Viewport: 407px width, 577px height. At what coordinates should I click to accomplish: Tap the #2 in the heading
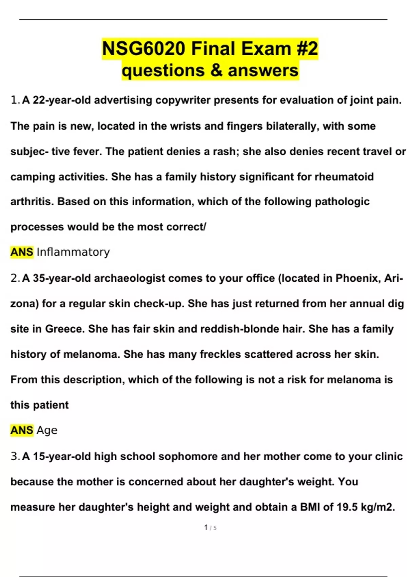(x=307, y=49)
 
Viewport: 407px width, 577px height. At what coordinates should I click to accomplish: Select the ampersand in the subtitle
(x=216, y=71)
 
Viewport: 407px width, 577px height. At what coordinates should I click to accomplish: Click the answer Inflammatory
(x=73, y=252)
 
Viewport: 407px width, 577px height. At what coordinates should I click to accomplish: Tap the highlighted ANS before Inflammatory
(x=22, y=252)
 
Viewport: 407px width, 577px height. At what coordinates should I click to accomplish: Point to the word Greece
(x=65, y=329)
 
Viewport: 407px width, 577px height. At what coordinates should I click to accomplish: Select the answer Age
(x=47, y=430)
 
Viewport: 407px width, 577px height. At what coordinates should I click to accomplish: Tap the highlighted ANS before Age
(x=22, y=430)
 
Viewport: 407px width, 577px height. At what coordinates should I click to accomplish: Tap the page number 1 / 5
(x=210, y=527)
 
